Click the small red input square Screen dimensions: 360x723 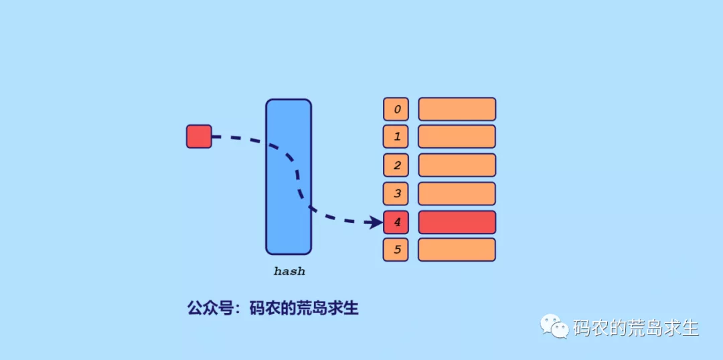click(199, 137)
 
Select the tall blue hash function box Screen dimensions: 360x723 click(289, 177)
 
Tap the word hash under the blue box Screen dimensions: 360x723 click(289, 272)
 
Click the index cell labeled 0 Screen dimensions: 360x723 click(396, 109)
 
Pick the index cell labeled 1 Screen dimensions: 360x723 click(396, 137)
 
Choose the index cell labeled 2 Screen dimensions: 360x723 click(396, 165)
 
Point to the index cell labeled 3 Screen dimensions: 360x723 click(396, 193)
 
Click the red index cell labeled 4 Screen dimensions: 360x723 click(396, 222)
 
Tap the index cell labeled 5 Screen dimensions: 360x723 click(396, 250)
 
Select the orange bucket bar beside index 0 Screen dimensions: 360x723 click(457, 109)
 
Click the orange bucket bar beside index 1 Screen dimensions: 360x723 click(457, 137)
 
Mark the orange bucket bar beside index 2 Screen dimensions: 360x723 click(457, 165)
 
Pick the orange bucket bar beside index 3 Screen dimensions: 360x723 click(457, 193)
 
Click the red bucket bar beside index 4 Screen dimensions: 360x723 click(457, 222)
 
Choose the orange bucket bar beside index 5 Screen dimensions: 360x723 click(457, 250)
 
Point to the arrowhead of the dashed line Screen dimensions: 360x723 click(376, 222)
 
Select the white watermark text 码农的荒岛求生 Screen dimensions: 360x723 click(636, 328)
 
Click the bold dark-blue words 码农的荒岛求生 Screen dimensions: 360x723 click(304, 308)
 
